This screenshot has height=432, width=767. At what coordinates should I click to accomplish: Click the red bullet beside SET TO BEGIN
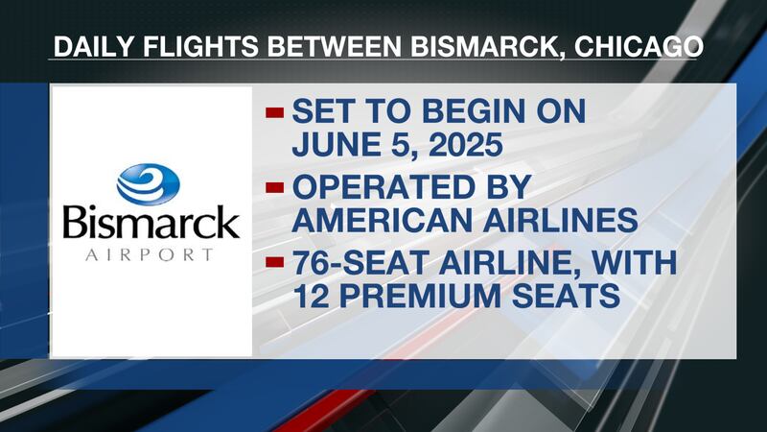click(275, 113)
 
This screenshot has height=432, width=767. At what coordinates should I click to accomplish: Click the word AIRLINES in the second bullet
click(559, 222)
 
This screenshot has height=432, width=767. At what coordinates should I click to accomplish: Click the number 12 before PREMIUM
click(311, 298)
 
